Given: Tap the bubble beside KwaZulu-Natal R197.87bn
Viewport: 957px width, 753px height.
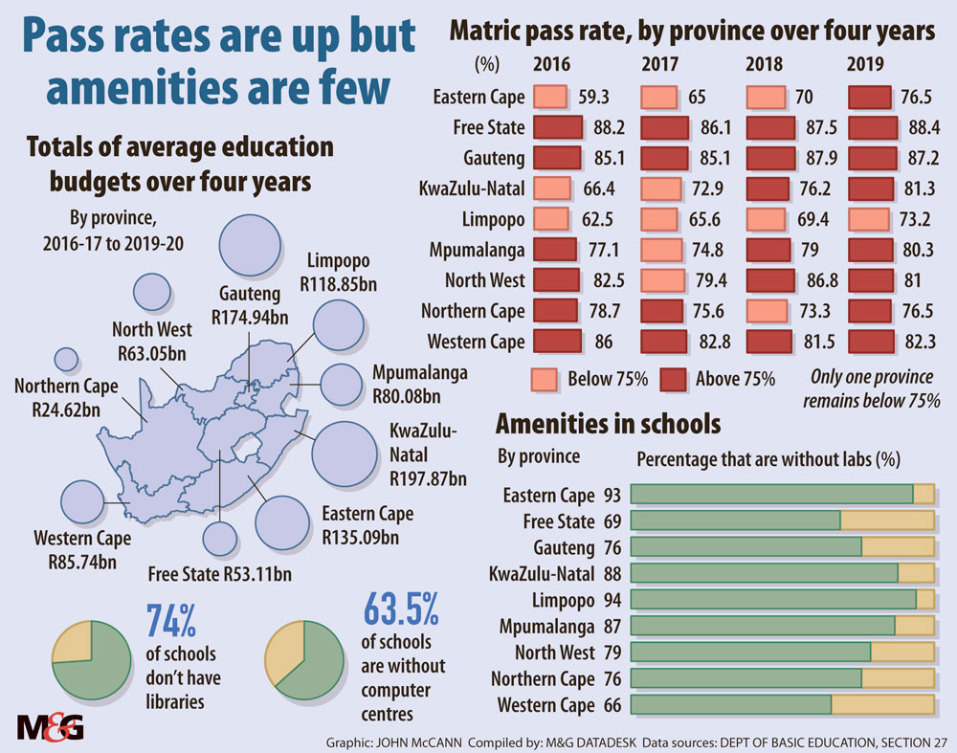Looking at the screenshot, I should pos(345,450).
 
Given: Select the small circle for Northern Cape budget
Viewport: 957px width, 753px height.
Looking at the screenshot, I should pos(66,359).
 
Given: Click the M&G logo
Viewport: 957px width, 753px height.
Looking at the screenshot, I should pos(51,727).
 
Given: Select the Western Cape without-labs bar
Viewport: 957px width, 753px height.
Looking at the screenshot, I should pos(783,705).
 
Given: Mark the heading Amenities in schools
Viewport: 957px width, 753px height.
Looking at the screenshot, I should pos(607,423).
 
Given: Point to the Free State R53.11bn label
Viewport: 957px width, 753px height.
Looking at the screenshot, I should pos(220,574).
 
